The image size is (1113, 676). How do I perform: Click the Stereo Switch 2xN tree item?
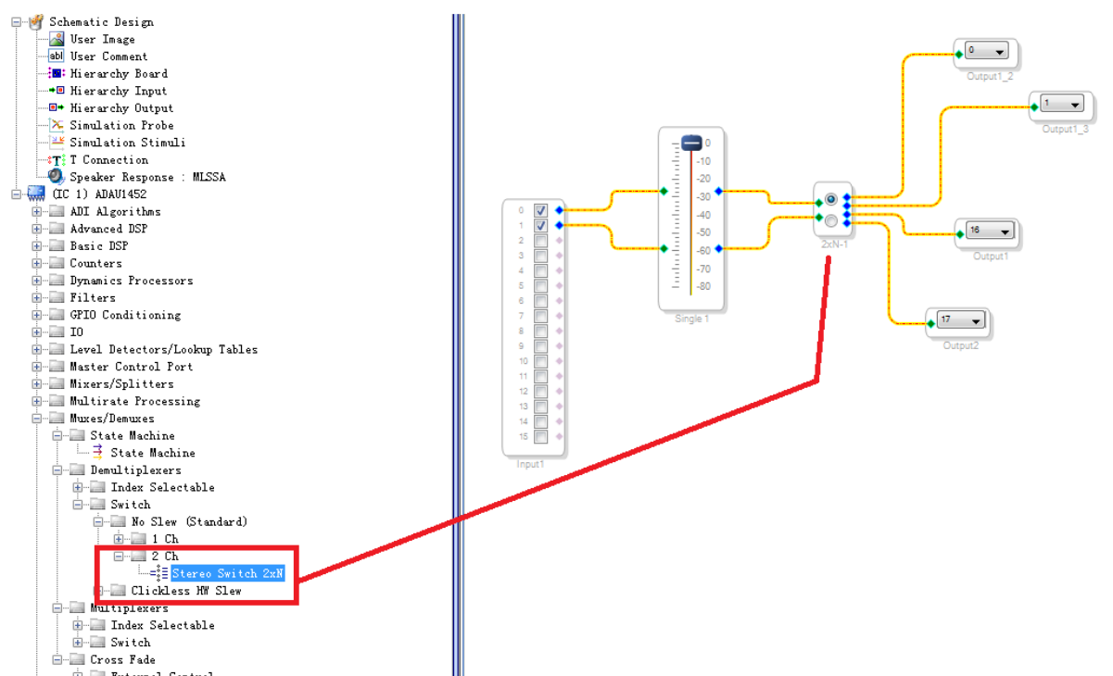[227, 573]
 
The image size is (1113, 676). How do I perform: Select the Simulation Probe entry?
[121, 125]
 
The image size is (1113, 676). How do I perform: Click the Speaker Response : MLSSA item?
[147, 177]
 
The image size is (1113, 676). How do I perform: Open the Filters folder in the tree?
[93, 297]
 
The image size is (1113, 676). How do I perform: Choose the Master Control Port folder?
[131, 367]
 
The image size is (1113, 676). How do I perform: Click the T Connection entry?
[108, 159]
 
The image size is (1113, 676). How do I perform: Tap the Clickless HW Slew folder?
[185, 591]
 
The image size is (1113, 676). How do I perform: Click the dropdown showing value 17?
[959, 321]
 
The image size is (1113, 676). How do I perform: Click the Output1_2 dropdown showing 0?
[986, 52]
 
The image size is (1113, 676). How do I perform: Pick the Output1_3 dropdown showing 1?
[1061, 104]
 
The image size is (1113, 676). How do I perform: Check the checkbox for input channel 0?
[540, 210]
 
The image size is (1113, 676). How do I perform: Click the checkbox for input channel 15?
[540, 436]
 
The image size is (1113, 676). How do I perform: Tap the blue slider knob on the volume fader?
[692, 143]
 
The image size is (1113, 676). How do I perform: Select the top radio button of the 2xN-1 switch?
[830, 199]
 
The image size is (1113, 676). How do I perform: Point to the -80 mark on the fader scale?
[704, 286]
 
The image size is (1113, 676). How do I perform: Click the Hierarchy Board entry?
[119, 73]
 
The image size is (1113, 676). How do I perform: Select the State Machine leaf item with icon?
[152, 453]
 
